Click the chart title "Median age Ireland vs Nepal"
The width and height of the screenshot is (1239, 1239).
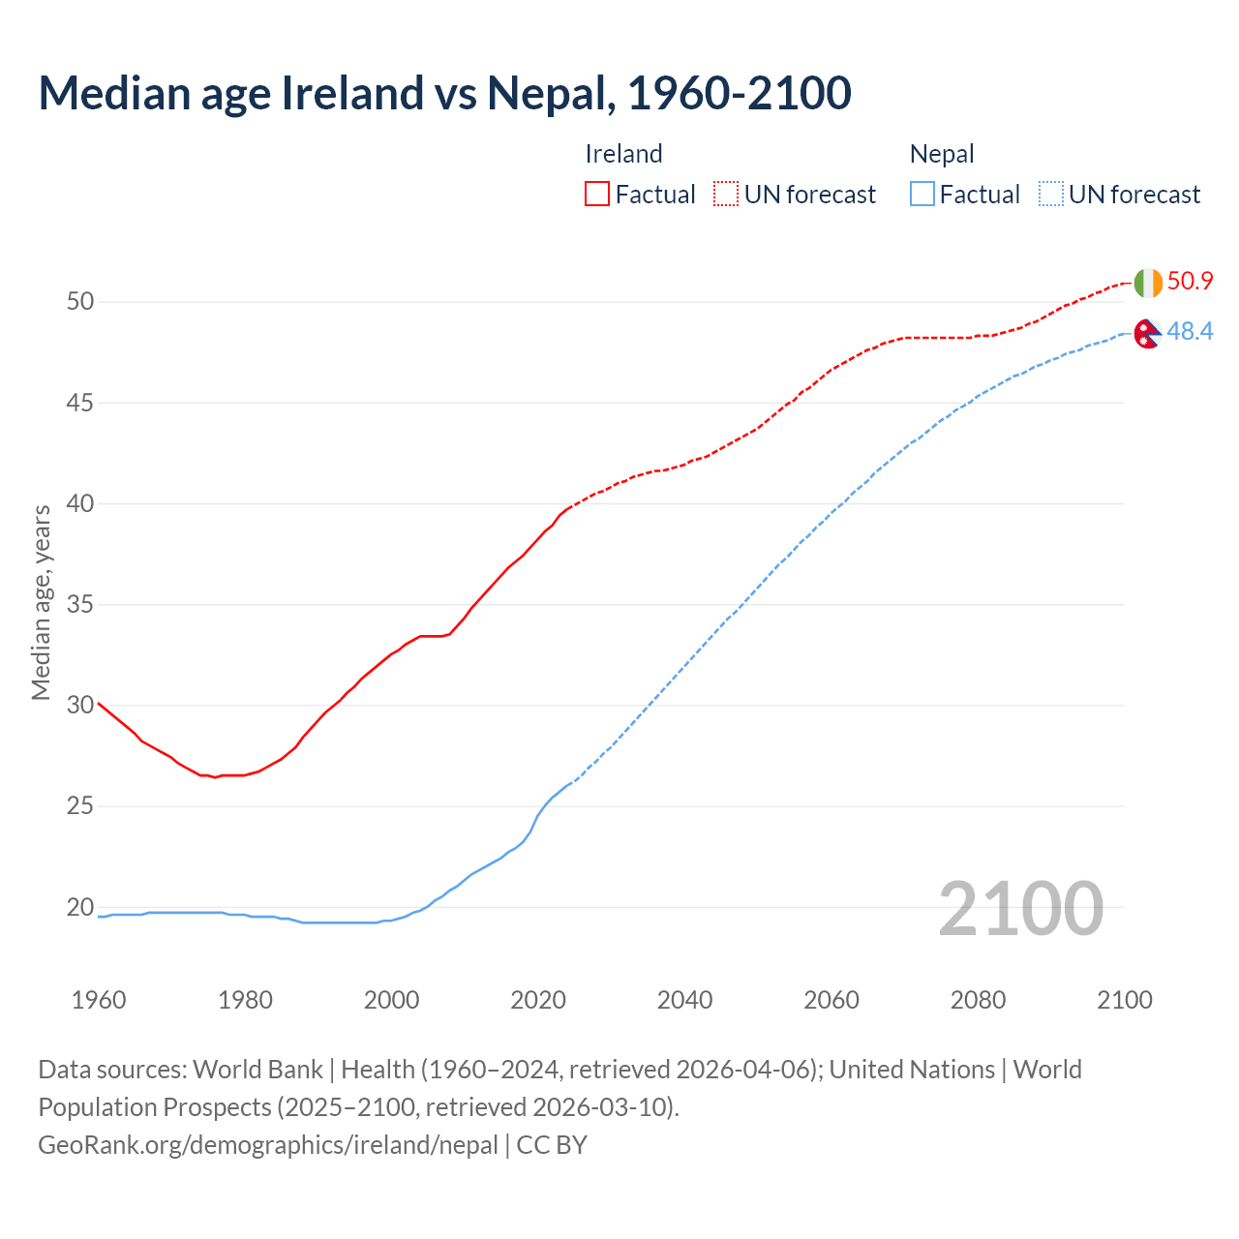444,93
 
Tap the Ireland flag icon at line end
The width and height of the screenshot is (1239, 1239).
1147,283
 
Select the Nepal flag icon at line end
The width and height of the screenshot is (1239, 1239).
1147,333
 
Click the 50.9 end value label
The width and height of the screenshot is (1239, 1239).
1190,281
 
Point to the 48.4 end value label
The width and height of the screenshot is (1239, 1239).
1190,331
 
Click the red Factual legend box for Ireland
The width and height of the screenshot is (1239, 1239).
597,194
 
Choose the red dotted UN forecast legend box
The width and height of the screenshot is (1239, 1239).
726,194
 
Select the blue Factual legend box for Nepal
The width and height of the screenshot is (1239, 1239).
922,194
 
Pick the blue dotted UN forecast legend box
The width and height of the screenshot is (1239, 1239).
1050,194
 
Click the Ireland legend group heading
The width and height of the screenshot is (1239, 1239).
623,154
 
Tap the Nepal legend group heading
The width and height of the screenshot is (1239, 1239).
942,154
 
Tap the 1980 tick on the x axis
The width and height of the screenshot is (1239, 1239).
245,1000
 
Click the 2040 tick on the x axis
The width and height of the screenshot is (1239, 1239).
684,1000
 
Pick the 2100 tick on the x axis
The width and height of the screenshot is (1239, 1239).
1124,1000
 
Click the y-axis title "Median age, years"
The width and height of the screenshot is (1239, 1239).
41,602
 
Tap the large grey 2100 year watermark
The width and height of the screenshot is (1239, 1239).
1020,908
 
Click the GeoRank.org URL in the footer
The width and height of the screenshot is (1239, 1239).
268,1144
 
